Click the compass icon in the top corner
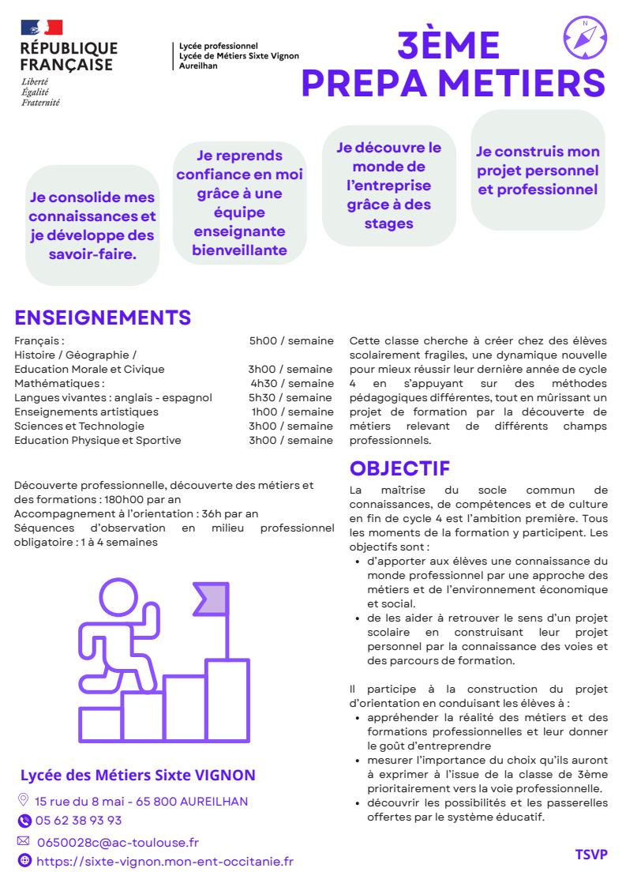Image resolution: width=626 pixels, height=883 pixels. [x=586, y=35]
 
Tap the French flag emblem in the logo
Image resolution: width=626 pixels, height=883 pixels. [x=42, y=28]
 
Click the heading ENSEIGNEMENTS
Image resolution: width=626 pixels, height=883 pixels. [x=103, y=318]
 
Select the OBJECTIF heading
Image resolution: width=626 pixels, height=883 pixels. [x=399, y=468]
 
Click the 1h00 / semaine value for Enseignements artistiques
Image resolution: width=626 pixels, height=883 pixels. [x=292, y=411]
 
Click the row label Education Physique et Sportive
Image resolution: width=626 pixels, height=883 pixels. [x=98, y=440]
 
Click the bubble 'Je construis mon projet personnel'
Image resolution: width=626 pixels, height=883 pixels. [x=538, y=171]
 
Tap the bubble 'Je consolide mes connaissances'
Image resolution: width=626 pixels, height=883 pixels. [x=92, y=225]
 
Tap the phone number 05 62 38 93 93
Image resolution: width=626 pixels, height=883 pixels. [x=78, y=820]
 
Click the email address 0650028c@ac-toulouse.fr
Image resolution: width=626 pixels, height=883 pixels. [x=118, y=842]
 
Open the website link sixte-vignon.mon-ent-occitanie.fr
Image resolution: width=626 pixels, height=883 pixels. [x=164, y=861]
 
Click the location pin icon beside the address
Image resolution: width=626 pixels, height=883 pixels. [x=23, y=800]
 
